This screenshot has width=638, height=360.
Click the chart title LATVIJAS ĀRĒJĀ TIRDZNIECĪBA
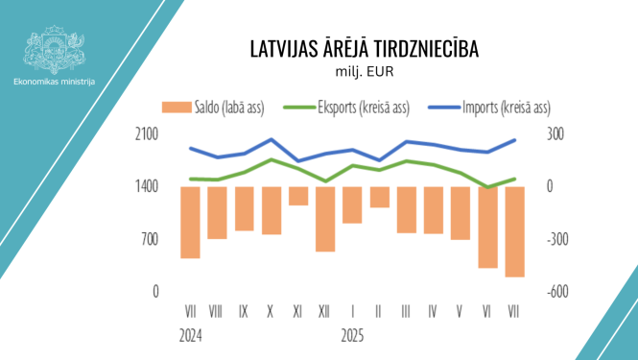(x=364, y=49)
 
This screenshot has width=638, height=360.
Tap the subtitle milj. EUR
(x=364, y=70)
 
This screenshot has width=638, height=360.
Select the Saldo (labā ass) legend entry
(x=212, y=108)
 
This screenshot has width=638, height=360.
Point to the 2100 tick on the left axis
(x=146, y=134)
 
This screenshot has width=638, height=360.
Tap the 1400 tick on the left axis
(x=146, y=187)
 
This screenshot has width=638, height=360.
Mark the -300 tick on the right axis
(x=559, y=239)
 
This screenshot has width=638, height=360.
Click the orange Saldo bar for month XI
(x=298, y=196)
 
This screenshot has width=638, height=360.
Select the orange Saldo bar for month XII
(x=325, y=219)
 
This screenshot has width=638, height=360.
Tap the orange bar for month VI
(x=488, y=228)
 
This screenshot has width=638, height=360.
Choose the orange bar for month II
(x=380, y=197)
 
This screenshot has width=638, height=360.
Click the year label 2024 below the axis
(x=190, y=336)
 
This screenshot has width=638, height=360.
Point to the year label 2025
(x=353, y=336)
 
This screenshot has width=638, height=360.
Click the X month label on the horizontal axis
(x=272, y=312)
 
